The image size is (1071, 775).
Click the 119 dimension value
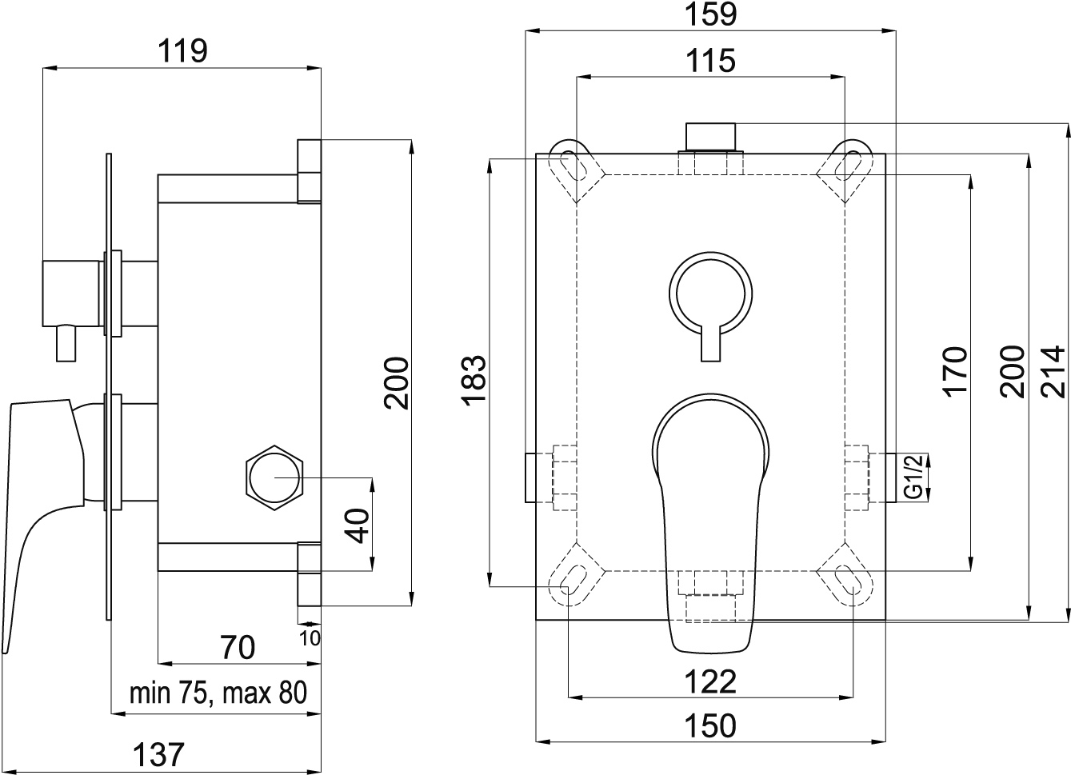182,51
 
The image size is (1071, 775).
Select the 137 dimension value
158,755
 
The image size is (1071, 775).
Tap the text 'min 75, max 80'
218,693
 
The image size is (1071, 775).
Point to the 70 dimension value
238,648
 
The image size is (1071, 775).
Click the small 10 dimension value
310,638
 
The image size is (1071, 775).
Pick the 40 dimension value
358,526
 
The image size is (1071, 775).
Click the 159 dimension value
711,14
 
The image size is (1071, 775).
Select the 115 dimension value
710,61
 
